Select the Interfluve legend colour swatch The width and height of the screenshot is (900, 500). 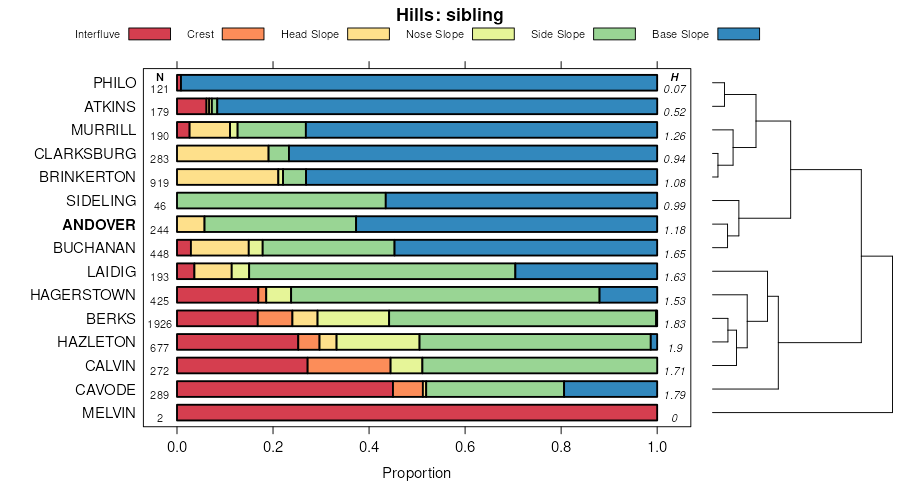point(149,34)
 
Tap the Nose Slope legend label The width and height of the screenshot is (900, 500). point(434,34)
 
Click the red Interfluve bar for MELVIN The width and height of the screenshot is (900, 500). point(416,412)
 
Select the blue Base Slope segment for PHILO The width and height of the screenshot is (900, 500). point(419,82)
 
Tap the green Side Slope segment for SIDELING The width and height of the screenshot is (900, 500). point(306,200)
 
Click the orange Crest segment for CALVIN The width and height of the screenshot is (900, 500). point(349,365)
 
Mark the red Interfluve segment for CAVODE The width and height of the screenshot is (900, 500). point(285,389)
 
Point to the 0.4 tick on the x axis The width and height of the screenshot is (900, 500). point(369,449)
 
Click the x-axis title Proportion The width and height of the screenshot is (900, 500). point(416,473)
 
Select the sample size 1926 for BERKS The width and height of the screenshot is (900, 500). point(160,324)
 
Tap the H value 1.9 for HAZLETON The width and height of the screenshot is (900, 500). point(675,348)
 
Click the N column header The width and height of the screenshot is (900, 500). point(160,77)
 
